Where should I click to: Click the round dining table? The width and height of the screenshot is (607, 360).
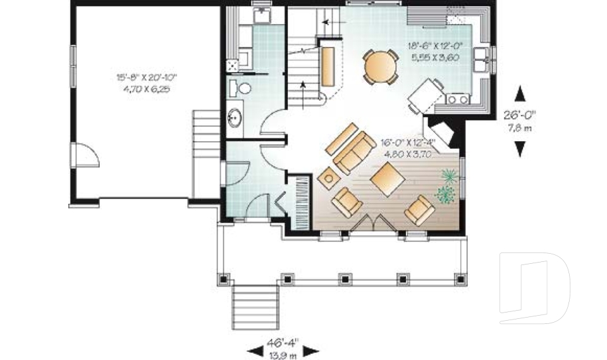(x=381, y=66)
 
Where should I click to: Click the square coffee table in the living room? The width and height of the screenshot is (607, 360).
(x=388, y=177)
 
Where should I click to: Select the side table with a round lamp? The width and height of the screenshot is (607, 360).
(x=328, y=178)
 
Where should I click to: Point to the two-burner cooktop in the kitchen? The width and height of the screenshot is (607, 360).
(x=457, y=99)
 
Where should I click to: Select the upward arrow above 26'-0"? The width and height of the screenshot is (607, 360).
(x=520, y=94)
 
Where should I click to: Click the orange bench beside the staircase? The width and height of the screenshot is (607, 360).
(x=328, y=61)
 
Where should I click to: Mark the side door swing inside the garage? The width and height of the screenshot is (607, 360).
(x=85, y=154)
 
